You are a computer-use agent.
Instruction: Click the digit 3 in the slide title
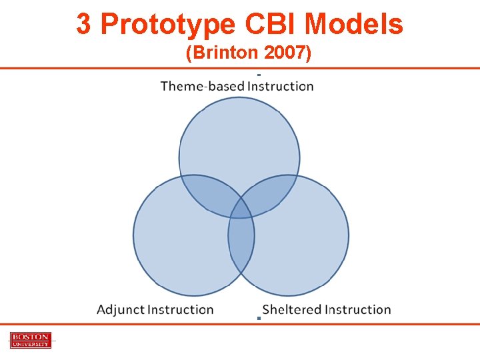(x=83, y=25)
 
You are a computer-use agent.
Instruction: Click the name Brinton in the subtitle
(x=223, y=53)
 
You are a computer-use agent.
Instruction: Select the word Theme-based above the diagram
(x=202, y=86)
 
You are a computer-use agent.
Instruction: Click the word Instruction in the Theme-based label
(x=280, y=86)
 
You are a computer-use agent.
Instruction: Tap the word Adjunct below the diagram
(x=120, y=309)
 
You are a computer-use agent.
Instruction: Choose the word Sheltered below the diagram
(x=292, y=309)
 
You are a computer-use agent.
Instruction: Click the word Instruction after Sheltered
(x=358, y=309)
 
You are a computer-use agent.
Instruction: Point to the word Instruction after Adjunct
(x=181, y=309)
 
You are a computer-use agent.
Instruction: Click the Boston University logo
(x=30, y=340)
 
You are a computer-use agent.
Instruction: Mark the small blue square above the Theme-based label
(x=258, y=74)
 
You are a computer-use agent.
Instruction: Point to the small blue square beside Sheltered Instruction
(x=258, y=318)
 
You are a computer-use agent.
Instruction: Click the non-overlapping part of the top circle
(x=239, y=140)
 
